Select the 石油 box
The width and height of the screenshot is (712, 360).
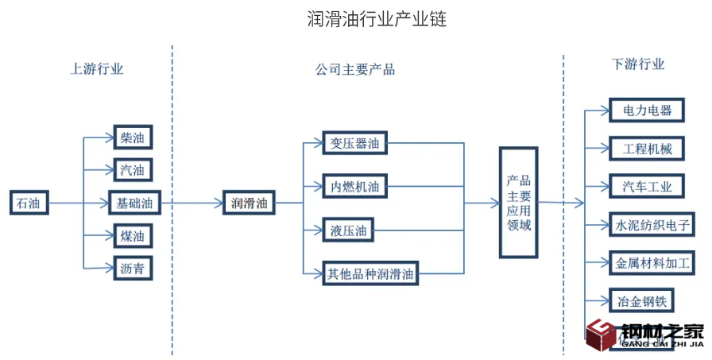(x=28, y=203)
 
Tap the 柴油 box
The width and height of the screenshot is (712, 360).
(x=132, y=137)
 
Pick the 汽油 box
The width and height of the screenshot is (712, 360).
(x=132, y=170)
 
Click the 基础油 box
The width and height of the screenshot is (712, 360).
(x=134, y=203)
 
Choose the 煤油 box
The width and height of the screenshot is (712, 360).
(x=132, y=235)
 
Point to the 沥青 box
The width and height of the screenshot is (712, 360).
(x=132, y=268)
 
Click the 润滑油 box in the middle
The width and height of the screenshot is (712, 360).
(x=249, y=203)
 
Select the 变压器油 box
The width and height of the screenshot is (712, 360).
(x=355, y=144)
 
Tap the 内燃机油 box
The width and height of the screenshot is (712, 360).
(x=355, y=188)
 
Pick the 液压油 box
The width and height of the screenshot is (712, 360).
(x=349, y=231)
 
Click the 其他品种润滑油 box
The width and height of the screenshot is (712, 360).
(x=370, y=275)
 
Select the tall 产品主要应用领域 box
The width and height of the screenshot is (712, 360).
(x=518, y=203)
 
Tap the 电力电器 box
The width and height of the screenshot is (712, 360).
(x=642, y=110)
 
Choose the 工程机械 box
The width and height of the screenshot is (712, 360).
(x=642, y=149)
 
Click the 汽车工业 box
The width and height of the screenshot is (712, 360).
(x=642, y=187)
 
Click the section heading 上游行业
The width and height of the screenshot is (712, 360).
(x=97, y=68)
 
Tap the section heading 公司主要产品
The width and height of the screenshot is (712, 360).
(x=354, y=69)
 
